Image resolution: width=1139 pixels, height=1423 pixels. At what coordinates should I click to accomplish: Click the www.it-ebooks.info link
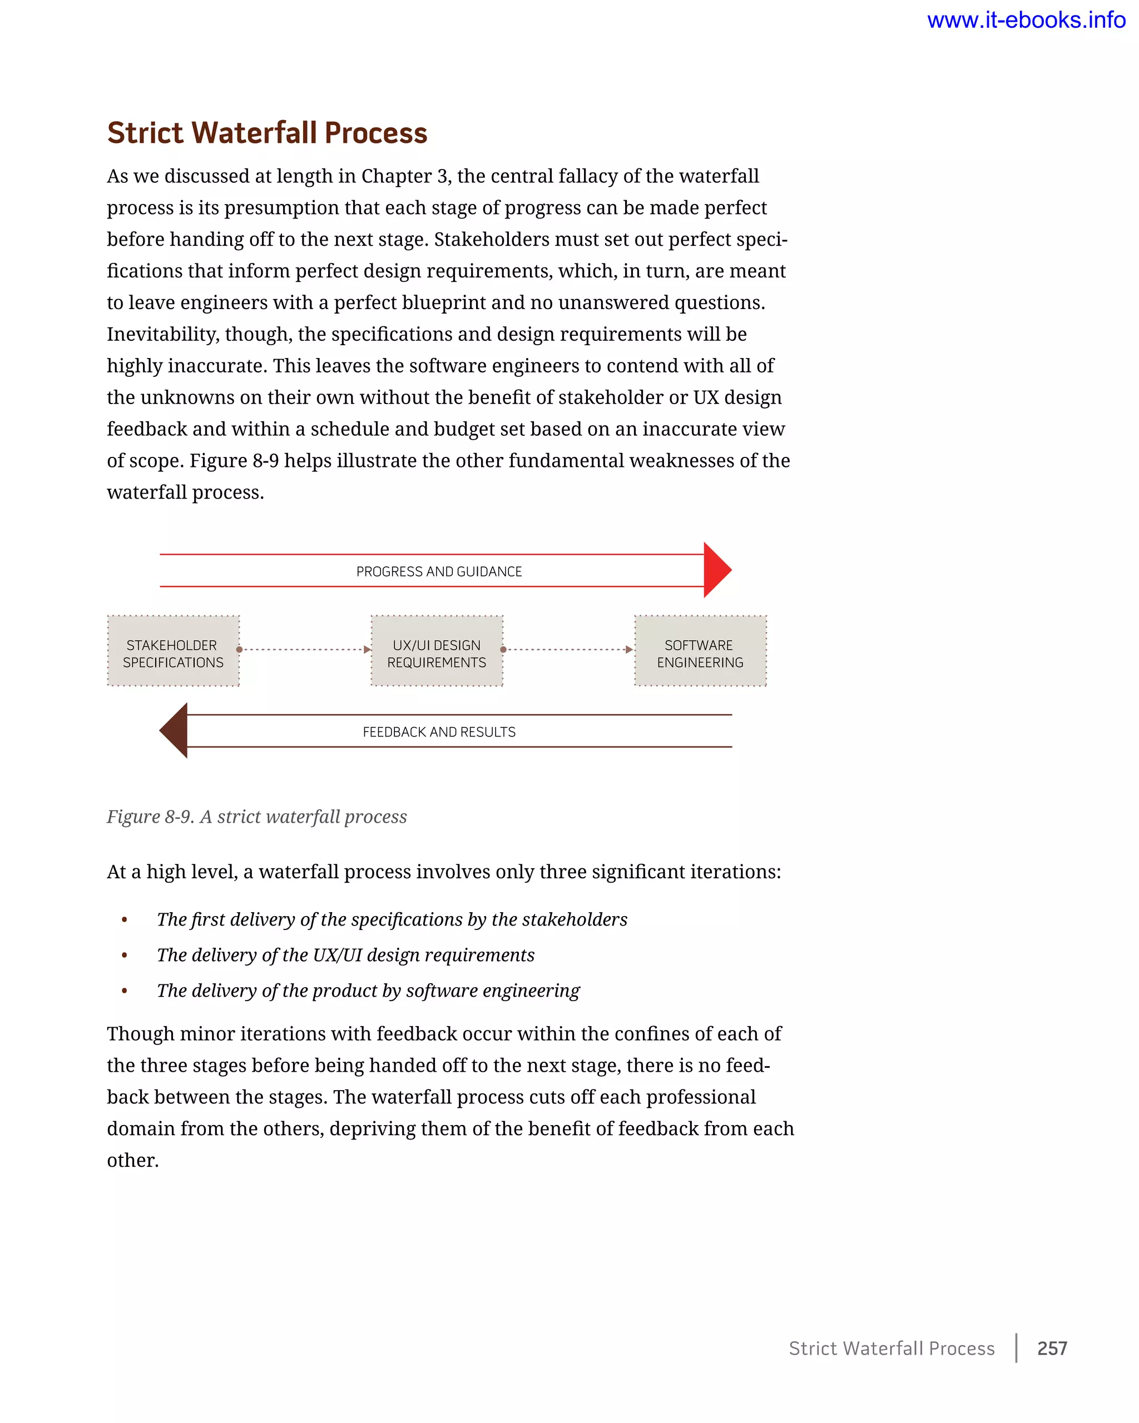pyautogui.click(x=1026, y=21)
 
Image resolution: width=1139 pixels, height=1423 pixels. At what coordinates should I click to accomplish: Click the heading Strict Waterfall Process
pyautogui.click(x=267, y=133)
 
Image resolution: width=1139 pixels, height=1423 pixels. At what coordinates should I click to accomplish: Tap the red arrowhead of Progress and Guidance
pyautogui.click(x=716, y=570)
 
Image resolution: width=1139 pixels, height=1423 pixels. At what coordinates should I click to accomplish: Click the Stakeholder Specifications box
pyautogui.click(x=173, y=651)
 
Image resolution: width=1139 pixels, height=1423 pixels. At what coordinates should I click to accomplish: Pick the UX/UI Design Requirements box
pyautogui.click(x=437, y=651)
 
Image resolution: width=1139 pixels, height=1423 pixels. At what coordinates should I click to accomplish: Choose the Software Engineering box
pyautogui.click(x=700, y=651)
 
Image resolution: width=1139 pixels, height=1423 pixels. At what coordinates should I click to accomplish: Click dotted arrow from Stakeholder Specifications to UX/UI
pyautogui.click(x=304, y=649)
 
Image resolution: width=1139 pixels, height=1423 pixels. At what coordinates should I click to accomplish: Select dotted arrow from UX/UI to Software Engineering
pyautogui.click(x=568, y=649)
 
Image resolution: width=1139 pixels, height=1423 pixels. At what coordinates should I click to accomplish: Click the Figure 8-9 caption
pyautogui.click(x=256, y=817)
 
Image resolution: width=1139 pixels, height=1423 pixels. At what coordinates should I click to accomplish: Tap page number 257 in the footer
pyautogui.click(x=1052, y=1348)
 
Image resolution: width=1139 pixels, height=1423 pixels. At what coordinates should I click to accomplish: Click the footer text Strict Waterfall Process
pyautogui.click(x=891, y=1348)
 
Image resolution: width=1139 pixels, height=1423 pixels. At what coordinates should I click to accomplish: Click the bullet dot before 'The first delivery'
pyautogui.click(x=124, y=919)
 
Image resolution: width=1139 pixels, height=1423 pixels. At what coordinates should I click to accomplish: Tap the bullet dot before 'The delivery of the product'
pyautogui.click(x=124, y=991)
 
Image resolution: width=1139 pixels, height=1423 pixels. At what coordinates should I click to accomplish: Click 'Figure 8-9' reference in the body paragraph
pyautogui.click(x=234, y=461)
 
